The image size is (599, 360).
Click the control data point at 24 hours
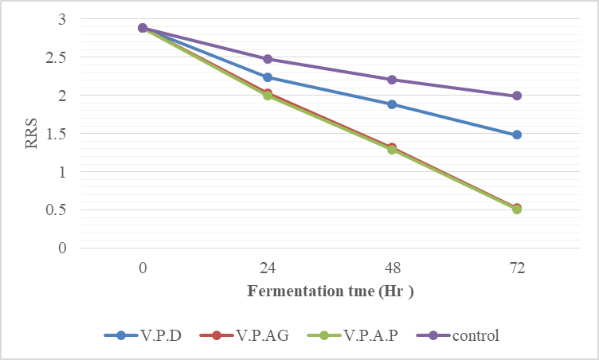pos(268,59)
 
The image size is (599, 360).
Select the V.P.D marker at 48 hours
pos(392,104)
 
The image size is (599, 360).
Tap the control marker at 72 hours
pos(517,96)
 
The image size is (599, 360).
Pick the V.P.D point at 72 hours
pos(517,135)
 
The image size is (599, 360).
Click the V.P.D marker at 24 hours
pos(268,77)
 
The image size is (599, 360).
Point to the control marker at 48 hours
pos(392,80)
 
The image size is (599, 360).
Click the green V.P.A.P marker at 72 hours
pos(517,209)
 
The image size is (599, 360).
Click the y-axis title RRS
pos(29,133)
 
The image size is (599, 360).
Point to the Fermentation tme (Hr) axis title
pos(331,291)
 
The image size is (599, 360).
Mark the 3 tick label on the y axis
pos(63,19)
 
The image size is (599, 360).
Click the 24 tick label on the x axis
pos(268,268)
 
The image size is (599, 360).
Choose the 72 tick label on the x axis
pos(517,268)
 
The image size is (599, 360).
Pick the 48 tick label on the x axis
pos(392,268)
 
